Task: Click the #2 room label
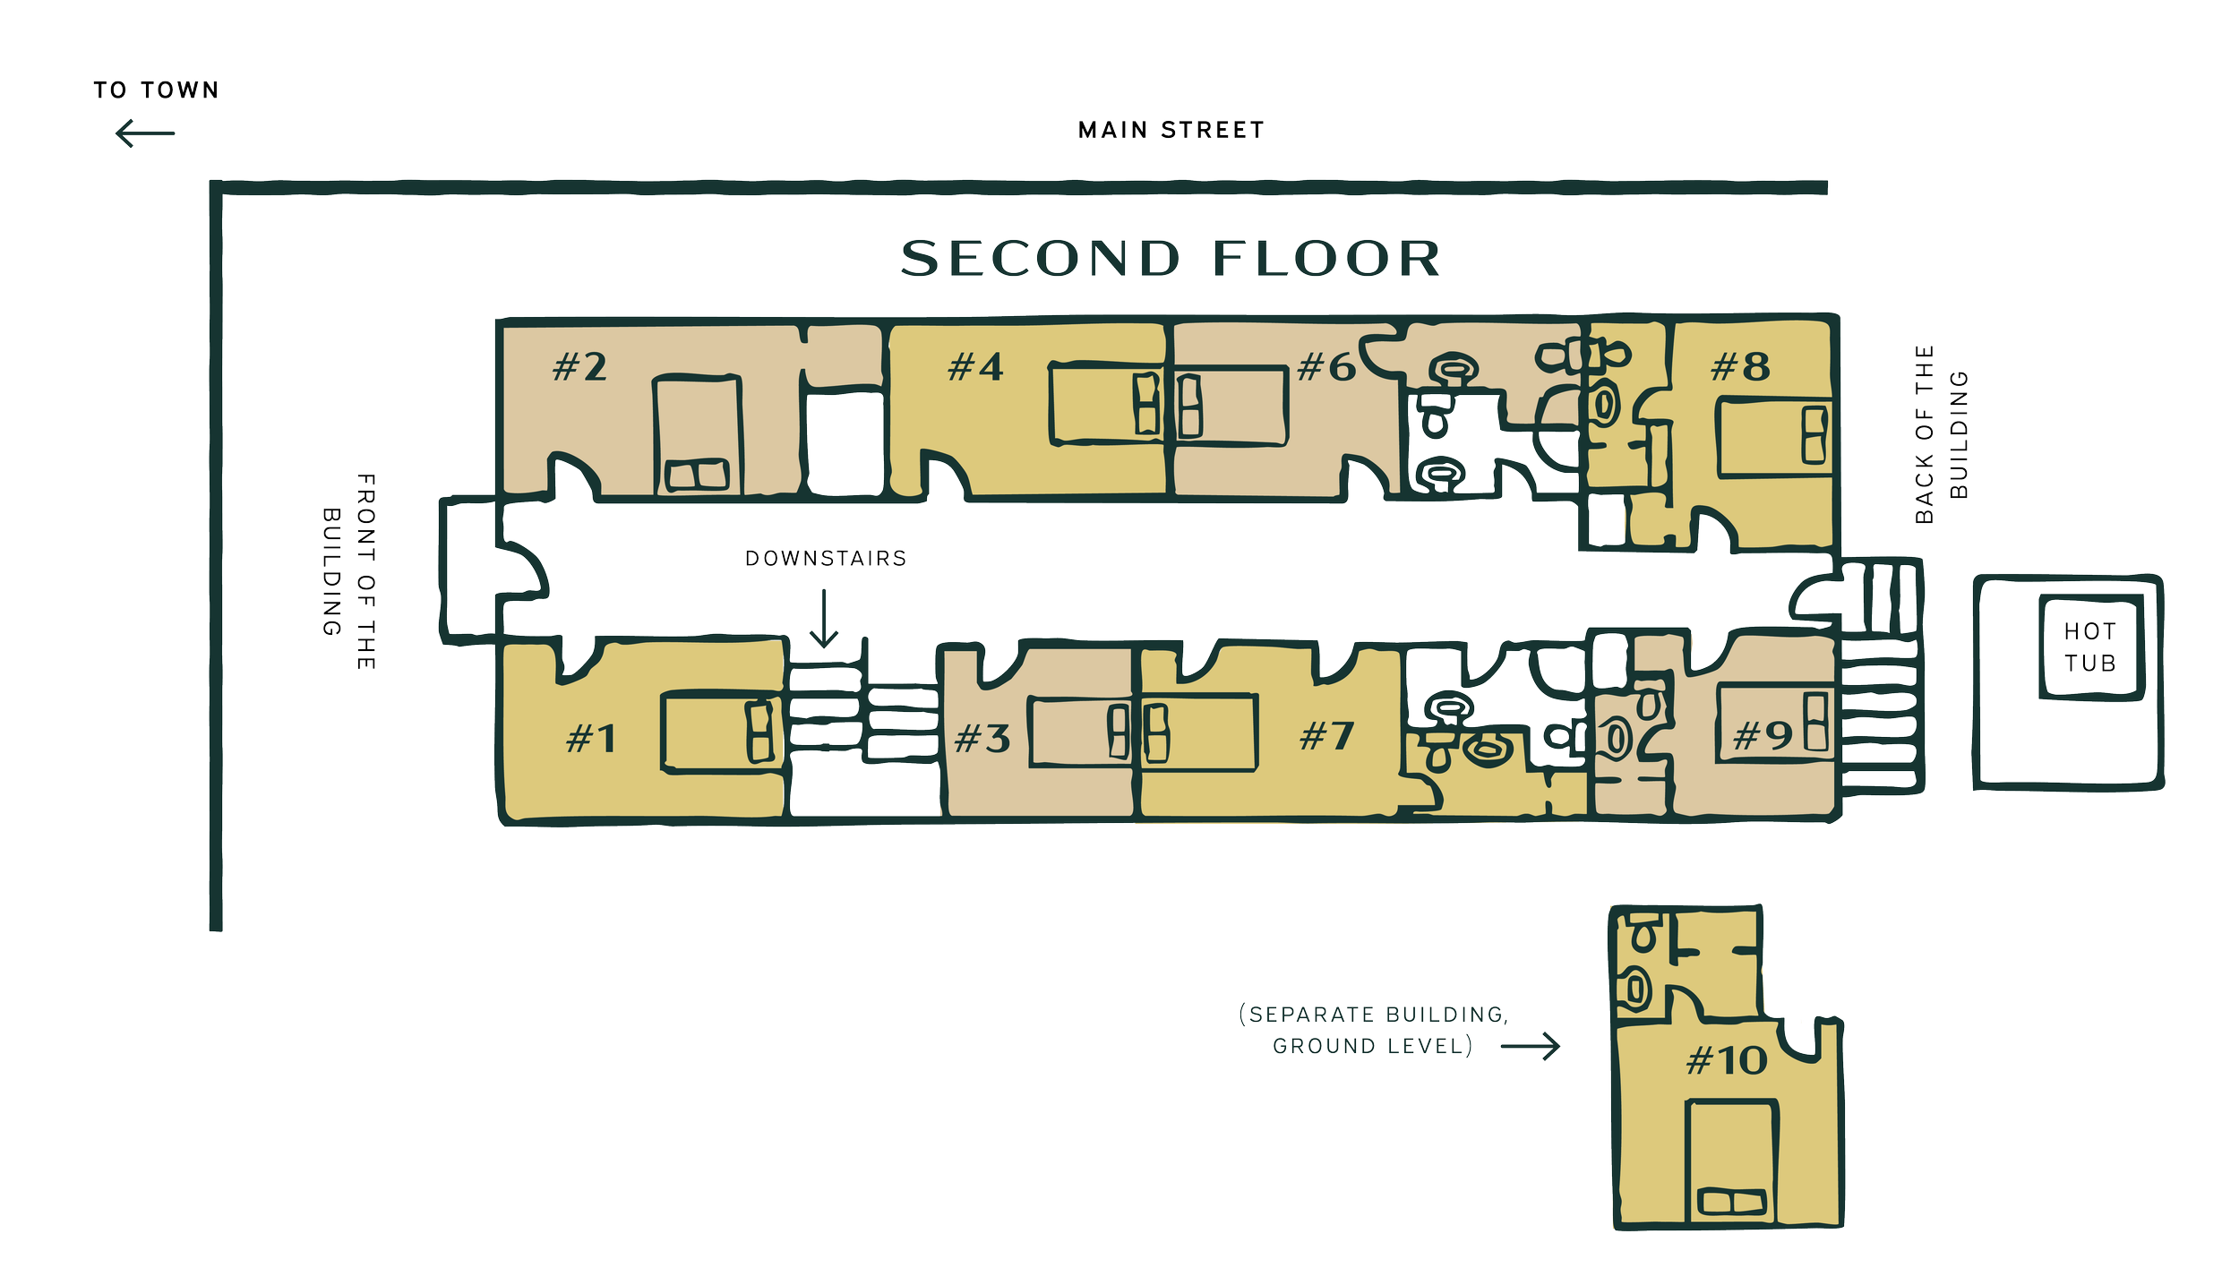pyautogui.click(x=579, y=367)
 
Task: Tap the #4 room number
pyautogui.click(x=975, y=367)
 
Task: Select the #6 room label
pyautogui.click(x=1325, y=367)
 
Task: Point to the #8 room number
pyautogui.click(x=1740, y=367)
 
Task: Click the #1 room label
pyautogui.click(x=591, y=740)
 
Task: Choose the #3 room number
pyautogui.click(x=982, y=740)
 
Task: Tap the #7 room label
pyautogui.click(x=1326, y=737)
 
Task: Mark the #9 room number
pyautogui.click(x=1763, y=737)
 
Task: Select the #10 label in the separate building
pyautogui.click(x=1726, y=1062)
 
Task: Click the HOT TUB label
pyautogui.click(x=2090, y=647)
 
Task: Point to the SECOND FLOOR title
pyautogui.click(x=1170, y=259)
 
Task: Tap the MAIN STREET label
pyautogui.click(x=1171, y=132)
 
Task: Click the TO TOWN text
pyautogui.click(x=156, y=90)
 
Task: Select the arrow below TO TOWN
pyautogui.click(x=146, y=134)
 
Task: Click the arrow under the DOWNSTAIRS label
pyautogui.click(x=823, y=619)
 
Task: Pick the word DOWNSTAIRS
pyautogui.click(x=826, y=559)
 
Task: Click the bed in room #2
pyautogui.click(x=698, y=435)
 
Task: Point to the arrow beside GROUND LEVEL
pyautogui.click(x=1531, y=1046)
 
